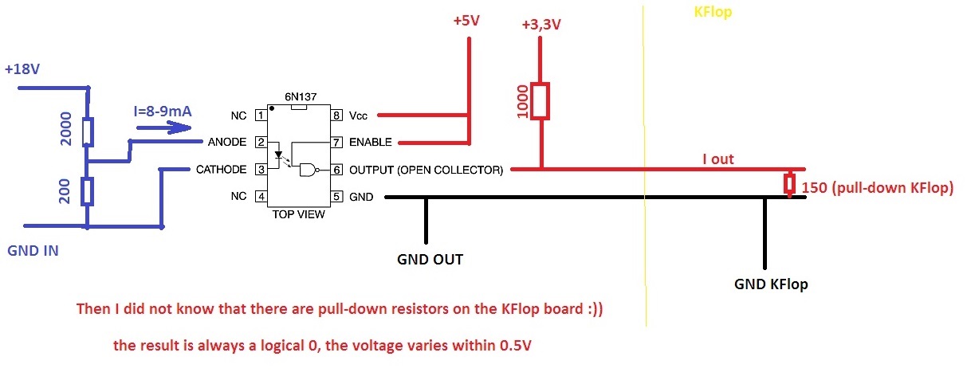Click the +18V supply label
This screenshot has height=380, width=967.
[x=22, y=69]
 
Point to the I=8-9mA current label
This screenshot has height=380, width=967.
[x=163, y=112]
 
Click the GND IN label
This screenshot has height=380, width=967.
[x=33, y=251]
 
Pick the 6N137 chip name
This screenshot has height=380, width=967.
[x=301, y=97]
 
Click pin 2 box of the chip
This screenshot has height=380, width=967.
[x=260, y=143]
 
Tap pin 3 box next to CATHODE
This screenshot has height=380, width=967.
[x=260, y=169]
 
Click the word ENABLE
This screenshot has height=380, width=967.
[x=370, y=143]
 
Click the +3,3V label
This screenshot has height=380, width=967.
[x=540, y=25]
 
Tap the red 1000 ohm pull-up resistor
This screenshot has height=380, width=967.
[x=541, y=101]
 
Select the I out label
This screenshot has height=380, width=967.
[x=717, y=159]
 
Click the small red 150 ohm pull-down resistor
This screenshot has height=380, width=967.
[x=789, y=184]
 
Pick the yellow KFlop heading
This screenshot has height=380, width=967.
[x=713, y=13]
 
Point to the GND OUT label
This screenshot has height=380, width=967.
[x=430, y=259]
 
